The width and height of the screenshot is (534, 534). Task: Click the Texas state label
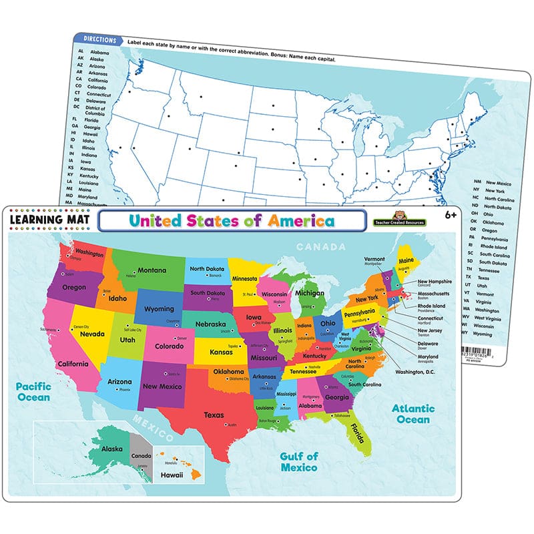click(214, 415)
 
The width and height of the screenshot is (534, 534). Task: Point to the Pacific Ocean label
click(34, 391)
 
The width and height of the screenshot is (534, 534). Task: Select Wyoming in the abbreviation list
click(496, 334)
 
